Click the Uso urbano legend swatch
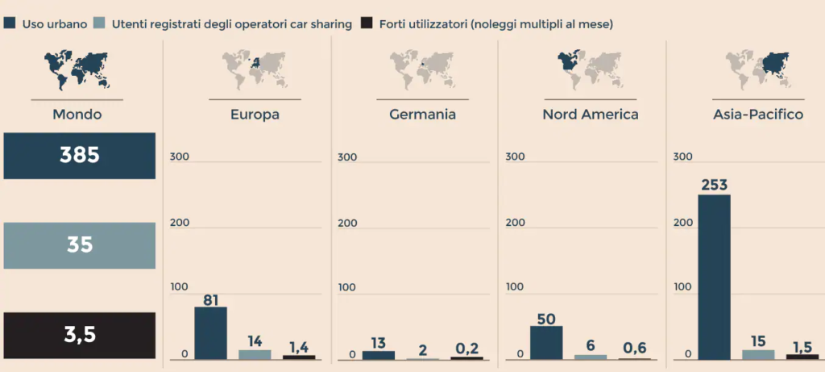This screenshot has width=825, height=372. pos(10,24)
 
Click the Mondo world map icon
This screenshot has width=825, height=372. pos(77,69)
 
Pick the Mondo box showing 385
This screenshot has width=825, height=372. pos(79,156)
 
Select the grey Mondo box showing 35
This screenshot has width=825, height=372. pos(79,245)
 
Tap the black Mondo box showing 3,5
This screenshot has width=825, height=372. pos(79,335)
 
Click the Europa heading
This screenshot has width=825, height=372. pos(255,115)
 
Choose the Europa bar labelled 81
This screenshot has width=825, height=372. pos(211,333)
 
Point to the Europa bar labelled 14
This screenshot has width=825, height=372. pos(255,354)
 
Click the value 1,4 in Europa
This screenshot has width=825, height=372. pos(298,347)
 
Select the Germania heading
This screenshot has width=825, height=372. pos(422,115)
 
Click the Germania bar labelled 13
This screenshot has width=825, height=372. pos(379,355)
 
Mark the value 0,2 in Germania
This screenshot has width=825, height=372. pos(466,348)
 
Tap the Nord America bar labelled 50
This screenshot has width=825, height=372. pos(546,342)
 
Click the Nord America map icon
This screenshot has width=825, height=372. pos(590,69)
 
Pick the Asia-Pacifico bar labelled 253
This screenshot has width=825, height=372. pos(714,277)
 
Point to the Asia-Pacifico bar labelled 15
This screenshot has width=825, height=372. pos(757,354)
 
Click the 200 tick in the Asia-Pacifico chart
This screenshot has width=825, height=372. pos(682,223)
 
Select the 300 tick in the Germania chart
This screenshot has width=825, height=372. pos(347,157)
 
